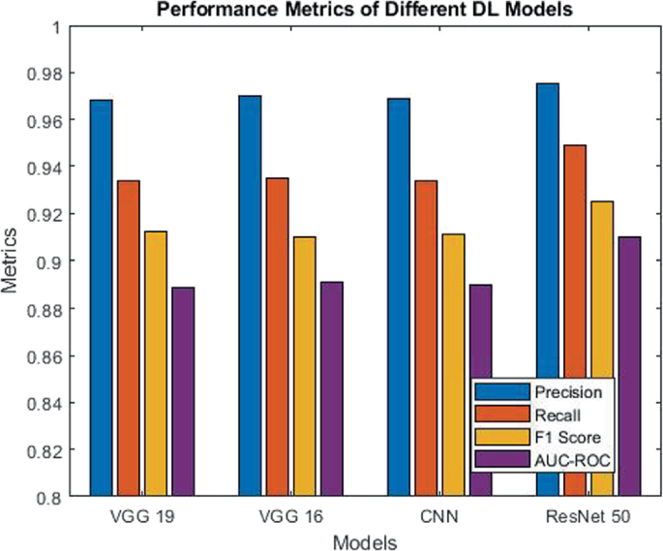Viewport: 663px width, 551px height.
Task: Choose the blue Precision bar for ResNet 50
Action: [x=548, y=291]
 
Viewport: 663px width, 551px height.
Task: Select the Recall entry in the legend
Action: [x=556, y=414]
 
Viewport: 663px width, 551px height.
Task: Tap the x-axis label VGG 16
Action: [x=290, y=516]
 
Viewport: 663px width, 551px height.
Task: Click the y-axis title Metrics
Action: [x=11, y=261]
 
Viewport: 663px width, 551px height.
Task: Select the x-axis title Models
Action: [x=364, y=541]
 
